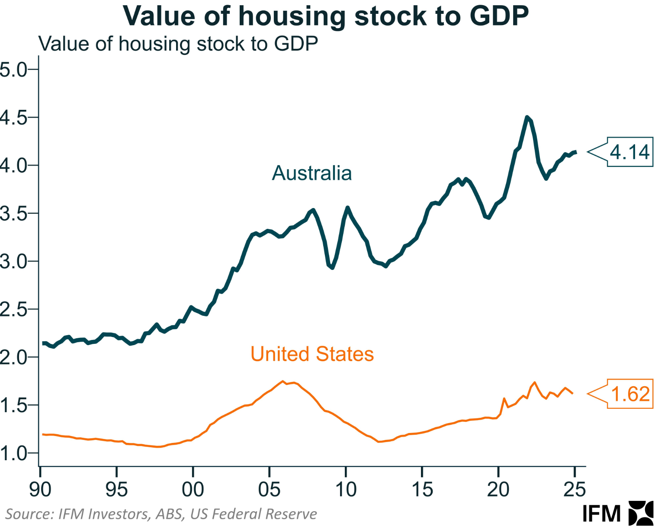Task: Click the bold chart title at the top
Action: coord(325,16)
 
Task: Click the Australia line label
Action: coord(311,173)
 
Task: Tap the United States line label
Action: coord(312,354)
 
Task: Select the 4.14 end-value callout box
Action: coord(629,152)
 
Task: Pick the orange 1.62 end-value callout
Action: coord(630,394)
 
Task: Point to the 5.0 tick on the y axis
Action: coord(13,69)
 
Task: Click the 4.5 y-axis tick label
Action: coord(13,118)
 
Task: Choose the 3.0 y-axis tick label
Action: coord(13,261)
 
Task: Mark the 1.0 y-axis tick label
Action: coord(13,453)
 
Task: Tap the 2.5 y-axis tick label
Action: coord(13,310)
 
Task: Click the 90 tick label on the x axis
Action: coord(40,489)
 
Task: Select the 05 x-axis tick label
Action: coord(269,489)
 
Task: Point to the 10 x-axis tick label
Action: coord(346,489)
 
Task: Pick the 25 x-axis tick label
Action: coord(575,489)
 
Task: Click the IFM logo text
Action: coord(601,514)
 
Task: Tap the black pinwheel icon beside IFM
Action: coord(641,513)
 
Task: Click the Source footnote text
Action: coord(161,514)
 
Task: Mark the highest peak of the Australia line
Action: coord(527,117)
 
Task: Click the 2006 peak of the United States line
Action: coord(283,381)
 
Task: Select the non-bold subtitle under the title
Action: coord(178,44)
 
